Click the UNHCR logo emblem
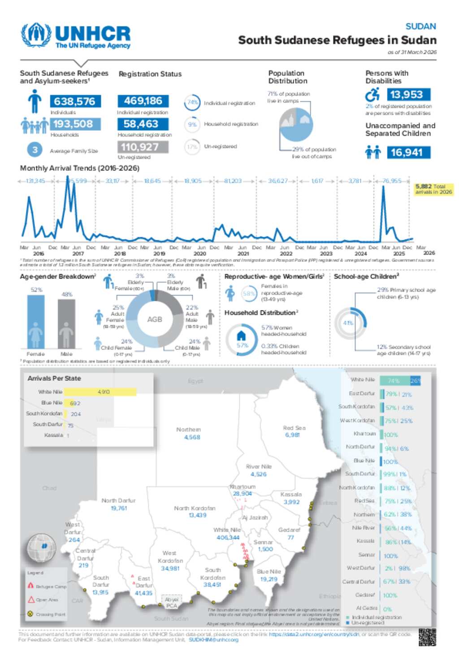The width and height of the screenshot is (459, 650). (36, 35)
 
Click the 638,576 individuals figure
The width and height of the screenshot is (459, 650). (75, 101)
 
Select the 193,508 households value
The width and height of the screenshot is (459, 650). (73, 124)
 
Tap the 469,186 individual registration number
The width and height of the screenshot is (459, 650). (143, 101)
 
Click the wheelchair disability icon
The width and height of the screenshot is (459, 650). (372, 95)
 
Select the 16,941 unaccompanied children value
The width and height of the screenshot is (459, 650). (407, 153)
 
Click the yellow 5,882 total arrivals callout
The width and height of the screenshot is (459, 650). (433, 189)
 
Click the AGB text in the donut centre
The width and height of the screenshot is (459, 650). (155, 319)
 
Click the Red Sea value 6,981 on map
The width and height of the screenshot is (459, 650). (292, 435)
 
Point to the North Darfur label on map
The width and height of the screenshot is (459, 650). (118, 501)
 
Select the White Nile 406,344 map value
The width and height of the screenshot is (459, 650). (228, 537)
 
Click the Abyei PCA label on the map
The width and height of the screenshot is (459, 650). (172, 602)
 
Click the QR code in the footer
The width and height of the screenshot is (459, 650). (427, 637)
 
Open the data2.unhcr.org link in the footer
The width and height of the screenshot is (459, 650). (314, 634)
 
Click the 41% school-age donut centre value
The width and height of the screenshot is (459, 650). (348, 323)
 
